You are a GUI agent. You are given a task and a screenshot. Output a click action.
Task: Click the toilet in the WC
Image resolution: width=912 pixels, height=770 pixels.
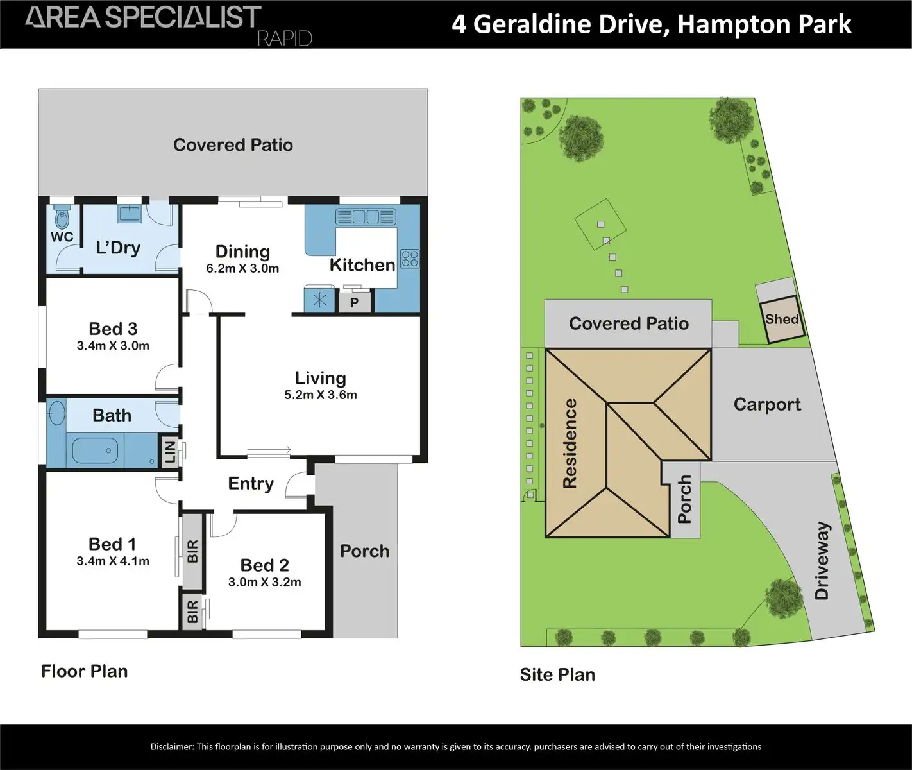click(62, 218)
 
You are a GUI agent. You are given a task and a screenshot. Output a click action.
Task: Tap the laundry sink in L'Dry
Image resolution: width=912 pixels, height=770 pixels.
click(129, 213)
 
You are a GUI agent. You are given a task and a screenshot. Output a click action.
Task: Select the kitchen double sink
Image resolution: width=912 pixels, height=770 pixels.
click(365, 217)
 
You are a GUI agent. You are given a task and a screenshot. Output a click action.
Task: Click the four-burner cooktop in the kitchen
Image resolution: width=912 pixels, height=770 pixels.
click(409, 259)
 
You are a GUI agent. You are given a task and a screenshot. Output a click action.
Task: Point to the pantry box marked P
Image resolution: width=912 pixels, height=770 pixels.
click(354, 302)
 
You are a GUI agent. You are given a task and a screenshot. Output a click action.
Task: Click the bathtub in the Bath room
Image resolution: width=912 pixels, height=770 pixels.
click(95, 450)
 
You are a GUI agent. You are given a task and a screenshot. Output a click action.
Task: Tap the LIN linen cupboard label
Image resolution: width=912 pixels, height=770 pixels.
click(170, 452)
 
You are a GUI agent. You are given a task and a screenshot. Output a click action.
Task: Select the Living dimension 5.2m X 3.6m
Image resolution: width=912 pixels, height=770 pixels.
click(320, 395)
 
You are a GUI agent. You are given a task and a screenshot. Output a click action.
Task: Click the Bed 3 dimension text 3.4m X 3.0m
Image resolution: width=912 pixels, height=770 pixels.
click(113, 346)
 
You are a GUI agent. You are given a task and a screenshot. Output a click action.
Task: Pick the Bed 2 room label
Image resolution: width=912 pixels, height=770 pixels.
click(264, 565)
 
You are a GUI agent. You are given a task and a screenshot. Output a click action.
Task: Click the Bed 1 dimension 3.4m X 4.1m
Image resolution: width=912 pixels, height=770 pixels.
click(113, 561)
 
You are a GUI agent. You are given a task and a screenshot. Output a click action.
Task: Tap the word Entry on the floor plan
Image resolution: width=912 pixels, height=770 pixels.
click(251, 484)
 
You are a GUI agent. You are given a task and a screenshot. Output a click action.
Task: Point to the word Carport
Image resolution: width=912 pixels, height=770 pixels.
click(767, 405)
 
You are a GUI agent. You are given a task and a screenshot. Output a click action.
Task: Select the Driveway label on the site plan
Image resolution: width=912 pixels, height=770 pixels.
click(822, 561)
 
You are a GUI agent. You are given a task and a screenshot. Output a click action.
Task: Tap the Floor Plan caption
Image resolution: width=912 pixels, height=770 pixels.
click(85, 671)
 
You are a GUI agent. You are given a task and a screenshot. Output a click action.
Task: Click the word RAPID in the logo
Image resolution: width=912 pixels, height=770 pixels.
click(284, 38)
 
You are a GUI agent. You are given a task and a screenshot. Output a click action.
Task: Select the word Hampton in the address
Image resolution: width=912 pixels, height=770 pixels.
click(720, 24)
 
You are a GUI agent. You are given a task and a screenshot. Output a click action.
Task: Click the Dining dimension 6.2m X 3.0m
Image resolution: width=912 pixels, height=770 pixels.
click(242, 269)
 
